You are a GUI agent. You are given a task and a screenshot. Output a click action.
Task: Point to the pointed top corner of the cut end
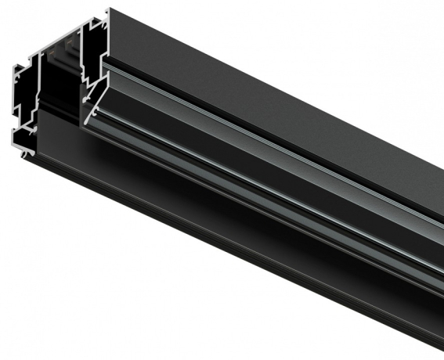[x=108, y=10]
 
